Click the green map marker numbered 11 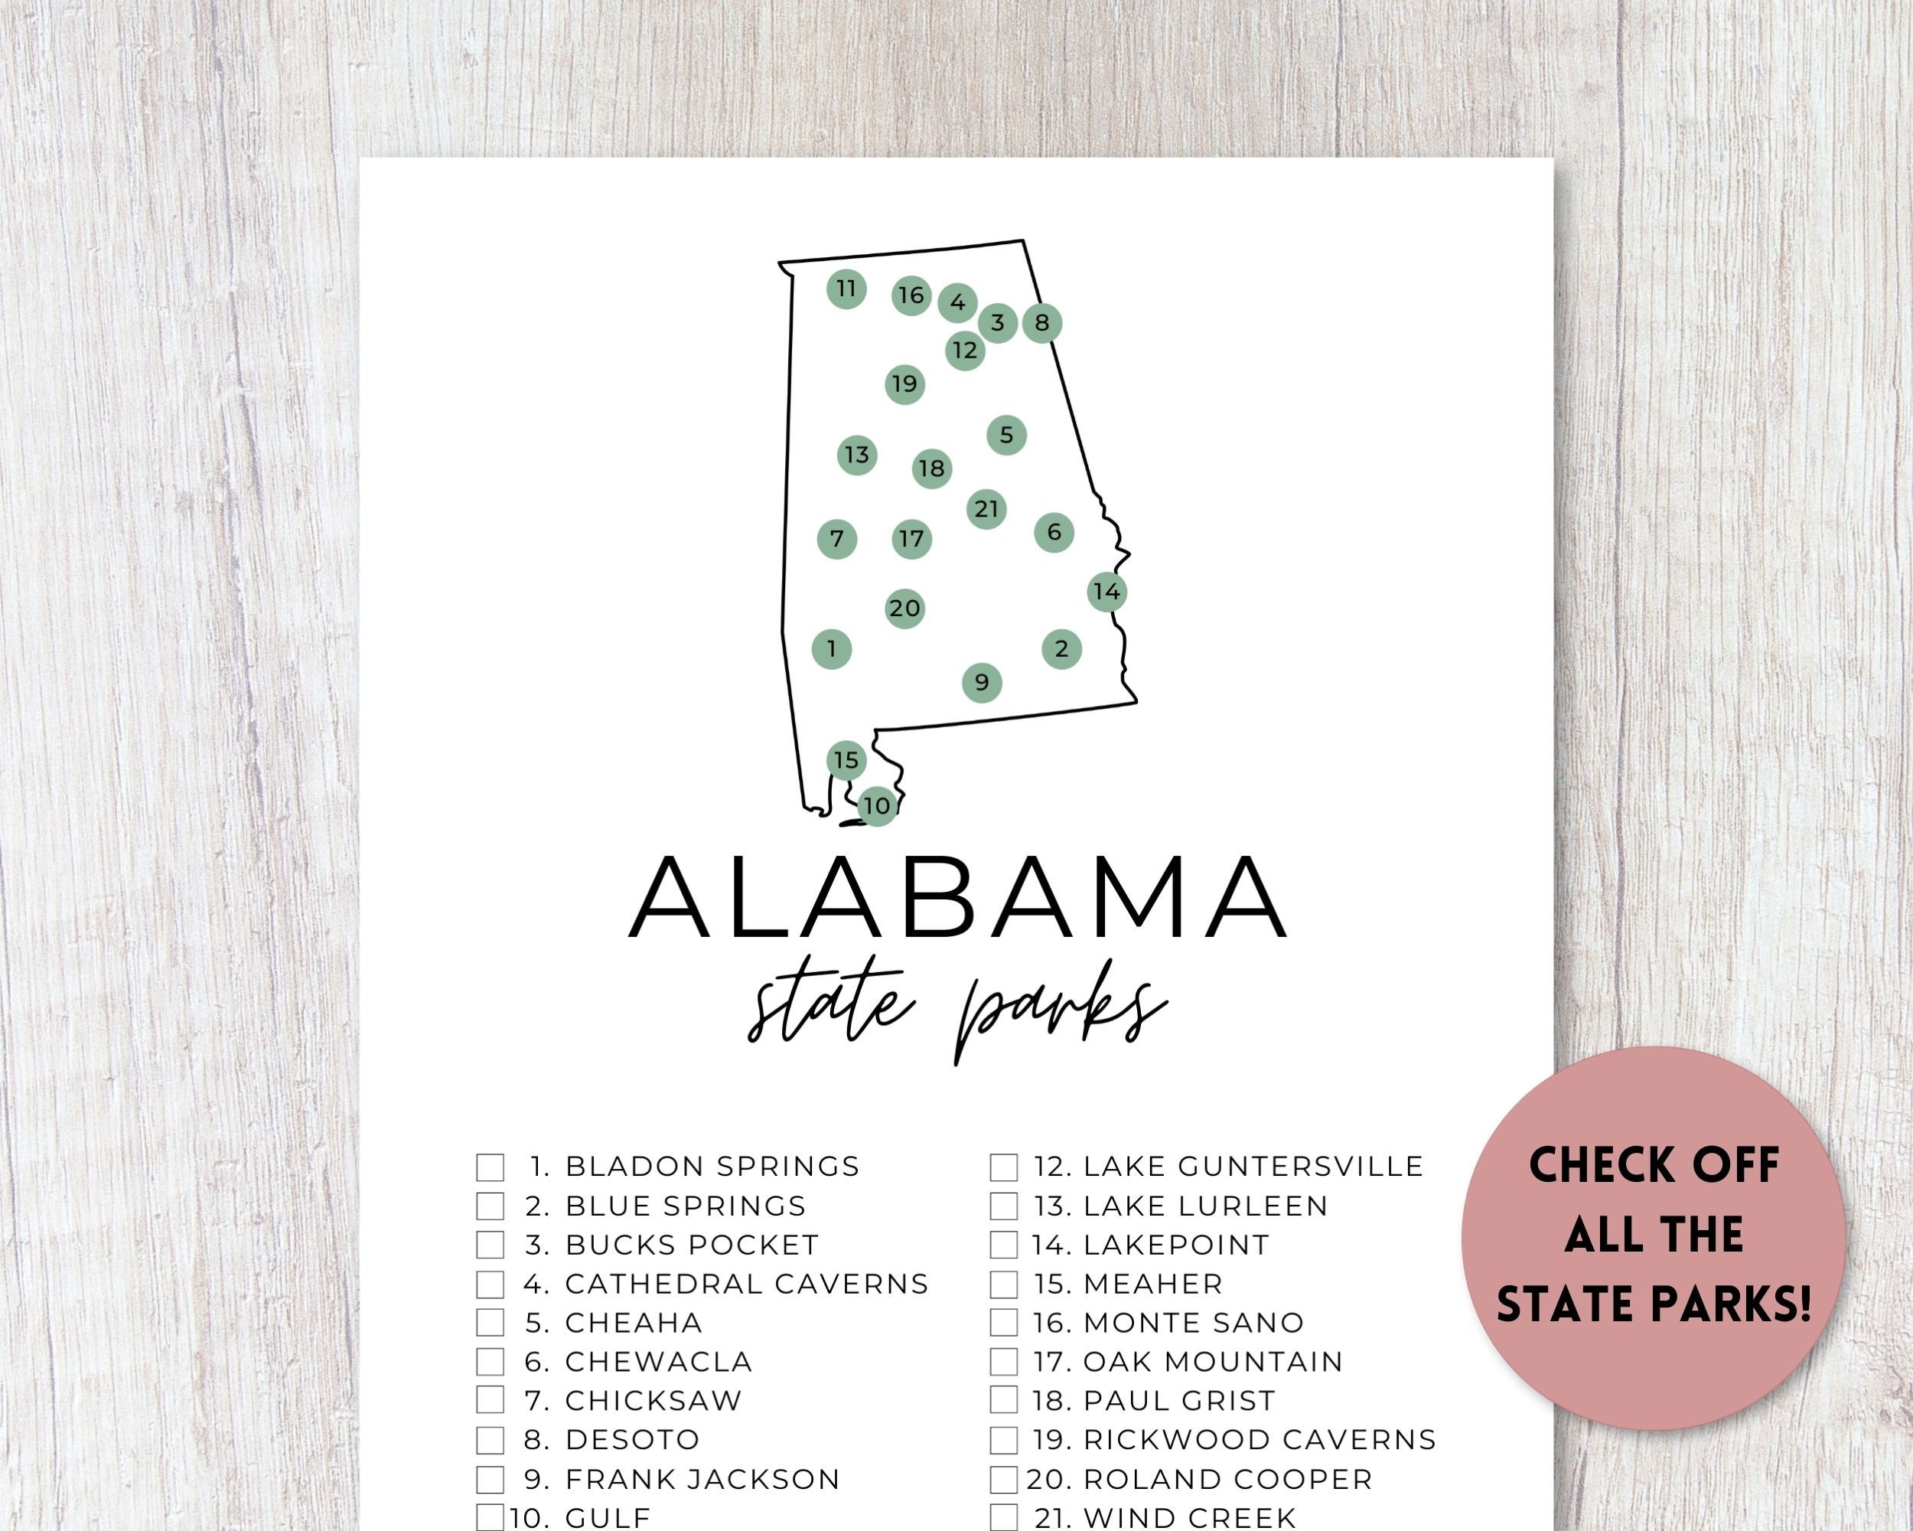pyautogui.click(x=846, y=289)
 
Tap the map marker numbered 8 pyautogui.click(x=1041, y=322)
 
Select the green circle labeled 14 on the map pyautogui.click(x=1106, y=591)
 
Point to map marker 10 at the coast pyautogui.click(x=877, y=806)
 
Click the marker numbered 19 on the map pyautogui.click(x=904, y=384)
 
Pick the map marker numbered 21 pyautogui.click(x=986, y=508)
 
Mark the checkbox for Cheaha pyautogui.click(x=490, y=1324)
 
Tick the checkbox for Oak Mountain pyautogui.click(x=1003, y=1362)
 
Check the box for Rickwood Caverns pyautogui.click(x=1003, y=1440)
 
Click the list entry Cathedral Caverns pyautogui.click(x=746, y=1285)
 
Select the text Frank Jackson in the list pyautogui.click(x=702, y=1480)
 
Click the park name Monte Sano pyautogui.click(x=1194, y=1324)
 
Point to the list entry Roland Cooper pyautogui.click(x=1228, y=1480)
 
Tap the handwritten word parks pyautogui.click(x=1061, y=1017)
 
